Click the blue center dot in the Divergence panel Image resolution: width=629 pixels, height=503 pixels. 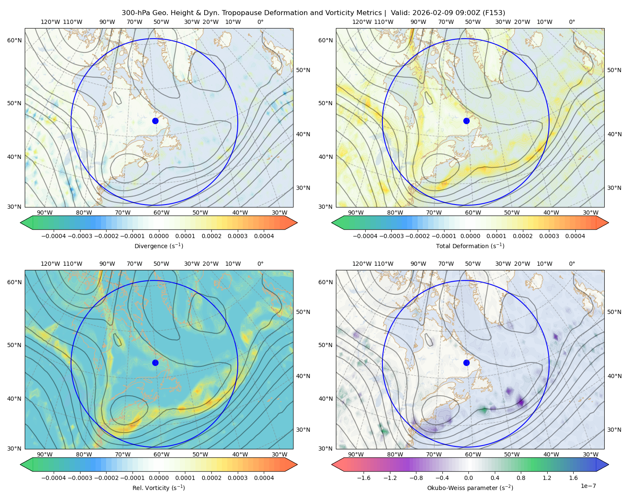tap(155, 121)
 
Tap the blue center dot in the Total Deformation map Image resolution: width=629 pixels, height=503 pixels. tap(466, 121)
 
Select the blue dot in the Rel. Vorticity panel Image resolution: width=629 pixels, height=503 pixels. tap(155, 363)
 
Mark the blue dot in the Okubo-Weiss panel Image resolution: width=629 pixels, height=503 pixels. tap(466, 363)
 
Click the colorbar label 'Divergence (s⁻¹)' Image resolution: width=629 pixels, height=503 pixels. tap(159, 246)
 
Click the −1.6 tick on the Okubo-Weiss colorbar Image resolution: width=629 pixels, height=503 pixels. tap(364, 478)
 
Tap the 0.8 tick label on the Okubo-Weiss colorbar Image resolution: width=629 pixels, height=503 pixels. tap(521, 478)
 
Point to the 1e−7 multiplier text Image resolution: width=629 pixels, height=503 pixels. tap(588, 486)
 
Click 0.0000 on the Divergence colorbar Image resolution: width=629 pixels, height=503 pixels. tap(159, 236)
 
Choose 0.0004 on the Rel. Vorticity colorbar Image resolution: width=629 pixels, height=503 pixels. tap(264, 478)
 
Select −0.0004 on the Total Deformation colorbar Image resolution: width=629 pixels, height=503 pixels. tap(365, 236)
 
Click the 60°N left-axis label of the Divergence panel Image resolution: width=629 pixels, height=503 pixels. tap(14, 40)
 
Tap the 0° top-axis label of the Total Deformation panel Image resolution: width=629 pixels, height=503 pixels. tap(572, 22)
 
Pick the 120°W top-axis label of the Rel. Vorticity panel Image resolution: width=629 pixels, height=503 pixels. tap(50, 264)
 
